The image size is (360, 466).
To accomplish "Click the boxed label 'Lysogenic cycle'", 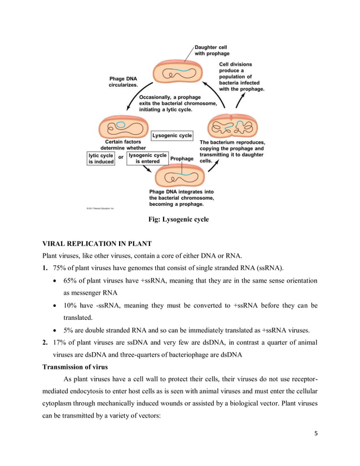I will point(172,135).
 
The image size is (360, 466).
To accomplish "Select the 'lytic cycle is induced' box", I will point(101,158).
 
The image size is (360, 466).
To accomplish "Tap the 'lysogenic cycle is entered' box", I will point(147,158).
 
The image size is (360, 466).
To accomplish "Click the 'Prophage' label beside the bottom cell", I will point(182,159).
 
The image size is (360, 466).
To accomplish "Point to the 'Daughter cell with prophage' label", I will point(212,50).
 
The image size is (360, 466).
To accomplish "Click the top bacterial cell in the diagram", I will point(179,74).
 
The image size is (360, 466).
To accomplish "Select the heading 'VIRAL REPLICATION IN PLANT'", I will point(97,244).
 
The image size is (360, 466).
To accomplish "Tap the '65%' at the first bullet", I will point(71,280).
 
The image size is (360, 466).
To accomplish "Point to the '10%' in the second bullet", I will point(71,306).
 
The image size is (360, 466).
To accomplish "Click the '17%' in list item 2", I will point(60,342).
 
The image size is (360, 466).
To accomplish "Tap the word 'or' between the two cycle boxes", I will point(121,158).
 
